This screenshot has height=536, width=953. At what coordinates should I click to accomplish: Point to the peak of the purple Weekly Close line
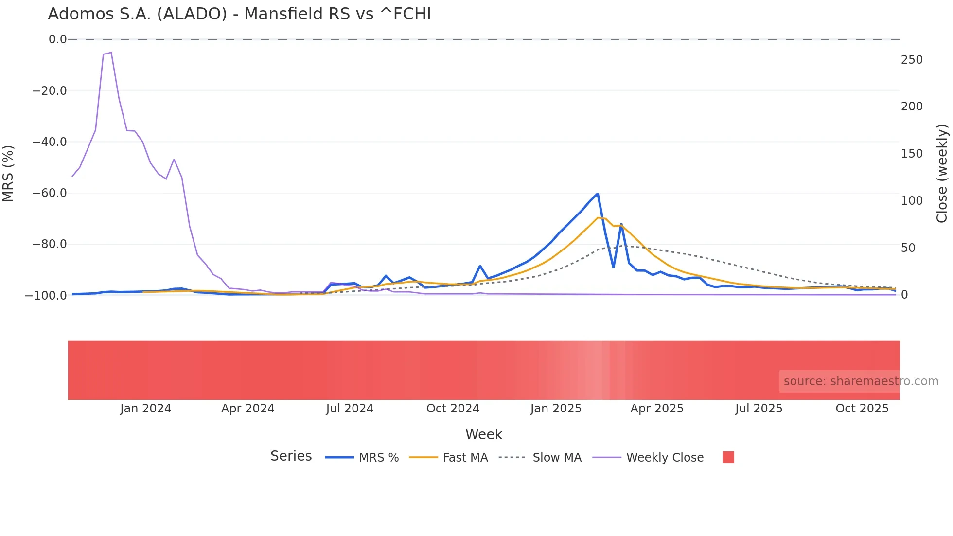click(x=111, y=53)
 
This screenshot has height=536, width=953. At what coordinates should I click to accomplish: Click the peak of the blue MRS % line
click(x=597, y=194)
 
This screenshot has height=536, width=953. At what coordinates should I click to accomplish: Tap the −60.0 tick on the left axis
click(x=49, y=193)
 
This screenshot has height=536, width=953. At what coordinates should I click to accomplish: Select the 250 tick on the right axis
click(x=912, y=60)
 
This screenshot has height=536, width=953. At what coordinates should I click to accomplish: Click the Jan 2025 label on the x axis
click(x=556, y=409)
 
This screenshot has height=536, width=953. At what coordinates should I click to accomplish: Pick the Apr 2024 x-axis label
click(x=247, y=409)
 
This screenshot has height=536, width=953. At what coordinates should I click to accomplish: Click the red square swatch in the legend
click(x=728, y=457)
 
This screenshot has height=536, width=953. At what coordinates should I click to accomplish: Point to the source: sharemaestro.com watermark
click(x=861, y=381)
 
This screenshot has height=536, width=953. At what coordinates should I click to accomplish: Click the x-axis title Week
click(x=483, y=434)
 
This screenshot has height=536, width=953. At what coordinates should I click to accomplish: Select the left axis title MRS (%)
click(x=8, y=173)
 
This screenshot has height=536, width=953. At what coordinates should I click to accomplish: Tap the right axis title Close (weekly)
click(x=942, y=173)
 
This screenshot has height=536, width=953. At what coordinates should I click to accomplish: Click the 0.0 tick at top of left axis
click(x=57, y=39)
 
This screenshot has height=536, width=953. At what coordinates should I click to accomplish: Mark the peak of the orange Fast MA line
click(x=598, y=217)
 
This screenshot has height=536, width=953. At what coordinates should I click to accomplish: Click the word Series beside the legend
click(x=291, y=456)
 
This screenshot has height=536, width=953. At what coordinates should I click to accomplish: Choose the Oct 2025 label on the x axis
click(x=862, y=409)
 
